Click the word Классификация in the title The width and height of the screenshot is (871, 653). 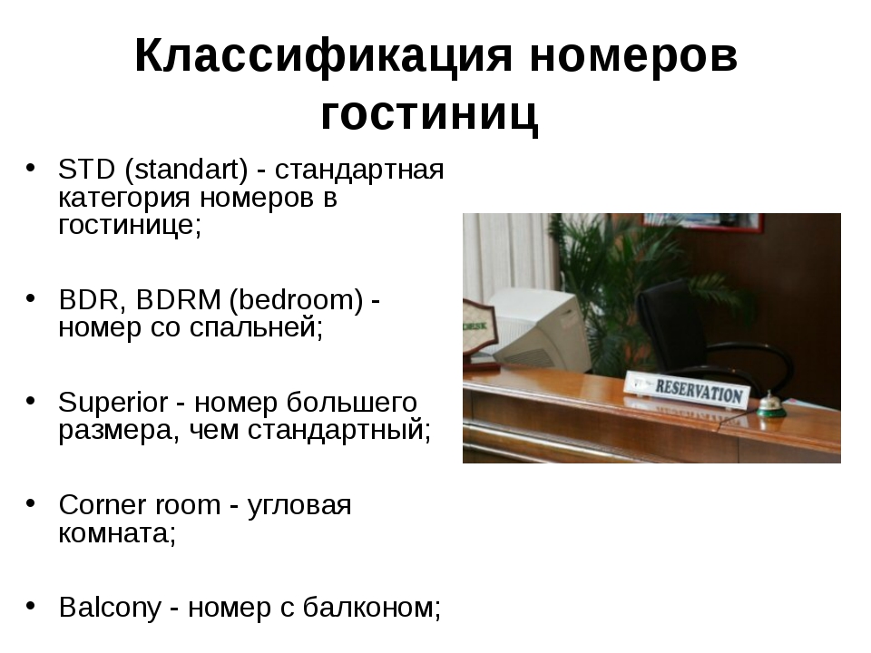(x=323, y=56)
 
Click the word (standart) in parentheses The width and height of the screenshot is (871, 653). (x=187, y=170)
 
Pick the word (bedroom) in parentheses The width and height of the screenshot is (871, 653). (x=296, y=300)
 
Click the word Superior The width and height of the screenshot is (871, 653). (x=113, y=403)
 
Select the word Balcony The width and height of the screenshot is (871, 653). (x=110, y=608)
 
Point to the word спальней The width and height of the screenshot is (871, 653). (x=256, y=327)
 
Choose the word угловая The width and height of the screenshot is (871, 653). (x=298, y=506)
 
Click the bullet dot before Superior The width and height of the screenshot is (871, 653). (x=31, y=400)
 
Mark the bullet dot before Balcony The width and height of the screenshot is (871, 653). (x=31, y=605)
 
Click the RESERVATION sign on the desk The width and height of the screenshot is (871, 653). (x=688, y=389)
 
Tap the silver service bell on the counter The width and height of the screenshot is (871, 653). (x=770, y=404)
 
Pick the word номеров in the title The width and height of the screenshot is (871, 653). (x=634, y=56)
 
